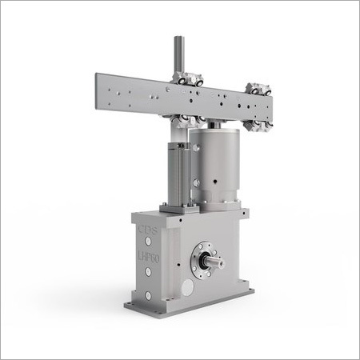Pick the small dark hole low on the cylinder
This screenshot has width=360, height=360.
pos(218,191)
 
